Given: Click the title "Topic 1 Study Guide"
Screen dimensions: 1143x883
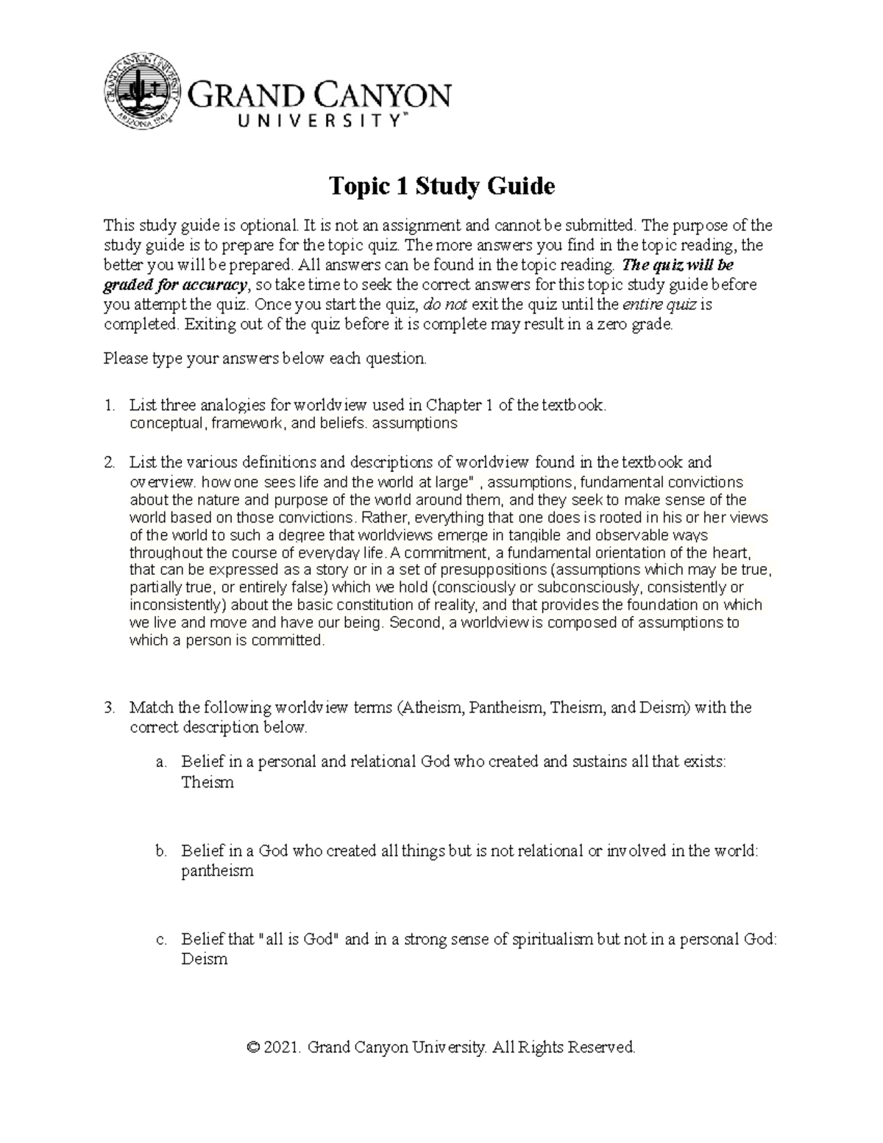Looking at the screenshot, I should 441,186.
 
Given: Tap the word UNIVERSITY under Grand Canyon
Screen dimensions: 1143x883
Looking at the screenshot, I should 299,122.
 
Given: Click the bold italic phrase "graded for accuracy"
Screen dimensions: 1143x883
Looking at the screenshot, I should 177,285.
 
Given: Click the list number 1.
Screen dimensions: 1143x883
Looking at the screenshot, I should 110,404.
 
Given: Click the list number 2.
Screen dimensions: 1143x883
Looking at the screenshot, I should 110,463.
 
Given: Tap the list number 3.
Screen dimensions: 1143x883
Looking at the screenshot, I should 110,708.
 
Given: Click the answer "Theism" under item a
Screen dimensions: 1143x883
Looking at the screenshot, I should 208,782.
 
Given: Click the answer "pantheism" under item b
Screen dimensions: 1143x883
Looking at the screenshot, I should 217,871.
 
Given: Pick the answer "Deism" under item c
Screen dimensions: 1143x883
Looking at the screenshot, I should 205,960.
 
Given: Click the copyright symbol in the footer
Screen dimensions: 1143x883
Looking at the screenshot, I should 255,1047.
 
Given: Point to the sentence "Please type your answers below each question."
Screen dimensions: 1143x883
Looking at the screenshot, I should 265,359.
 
